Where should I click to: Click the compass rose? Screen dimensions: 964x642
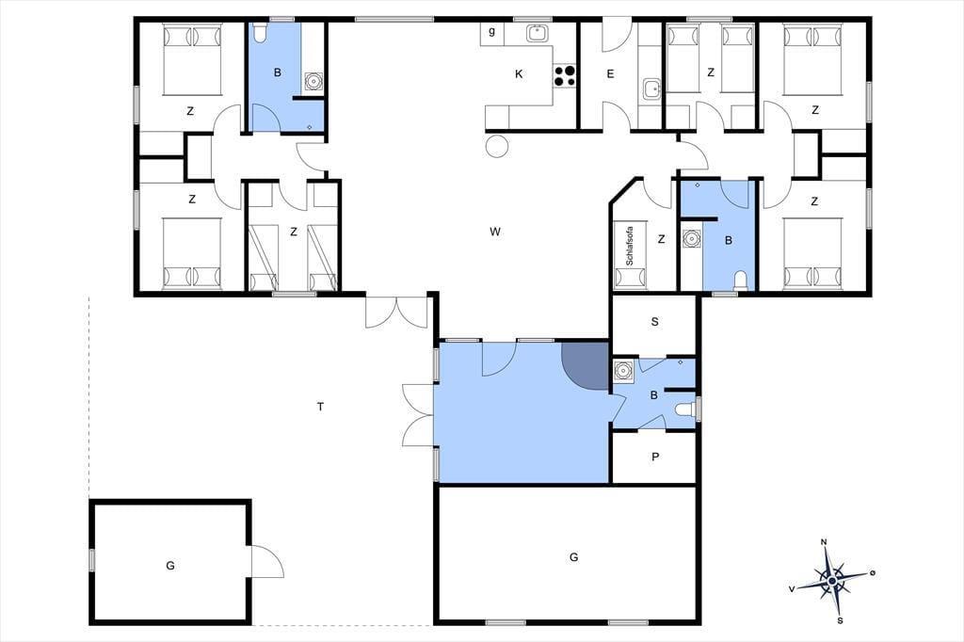[x=832, y=580]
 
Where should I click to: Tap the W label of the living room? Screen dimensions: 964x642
[x=495, y=232]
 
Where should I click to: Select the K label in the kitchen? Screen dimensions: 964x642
[x=519, y=74]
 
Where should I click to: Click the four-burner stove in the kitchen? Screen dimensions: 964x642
[x=565, y=75]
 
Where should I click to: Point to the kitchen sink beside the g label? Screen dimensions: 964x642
[x=538, y=33]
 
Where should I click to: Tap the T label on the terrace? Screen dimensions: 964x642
[x=320, y=407]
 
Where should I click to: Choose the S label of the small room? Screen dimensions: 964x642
[x=655, y=322]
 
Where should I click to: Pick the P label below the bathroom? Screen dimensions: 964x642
[x=655, y=457]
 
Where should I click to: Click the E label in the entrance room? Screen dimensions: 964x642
[x=610, y=74]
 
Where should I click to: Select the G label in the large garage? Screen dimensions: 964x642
[x=573, y=557]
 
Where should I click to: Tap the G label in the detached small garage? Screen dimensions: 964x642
[x=170, y=565]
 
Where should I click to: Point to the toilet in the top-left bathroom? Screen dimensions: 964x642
[x=260, y=32]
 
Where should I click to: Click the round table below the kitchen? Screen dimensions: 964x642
[x=497, y=146]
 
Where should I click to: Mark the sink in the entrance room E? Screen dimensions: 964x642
[x=651, y=88]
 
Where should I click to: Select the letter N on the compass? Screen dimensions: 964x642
[x=824, y=542]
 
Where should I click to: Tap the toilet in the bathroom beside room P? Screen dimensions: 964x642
[x=685, y=409]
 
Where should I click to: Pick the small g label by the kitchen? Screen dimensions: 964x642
[x=491, y=31]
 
